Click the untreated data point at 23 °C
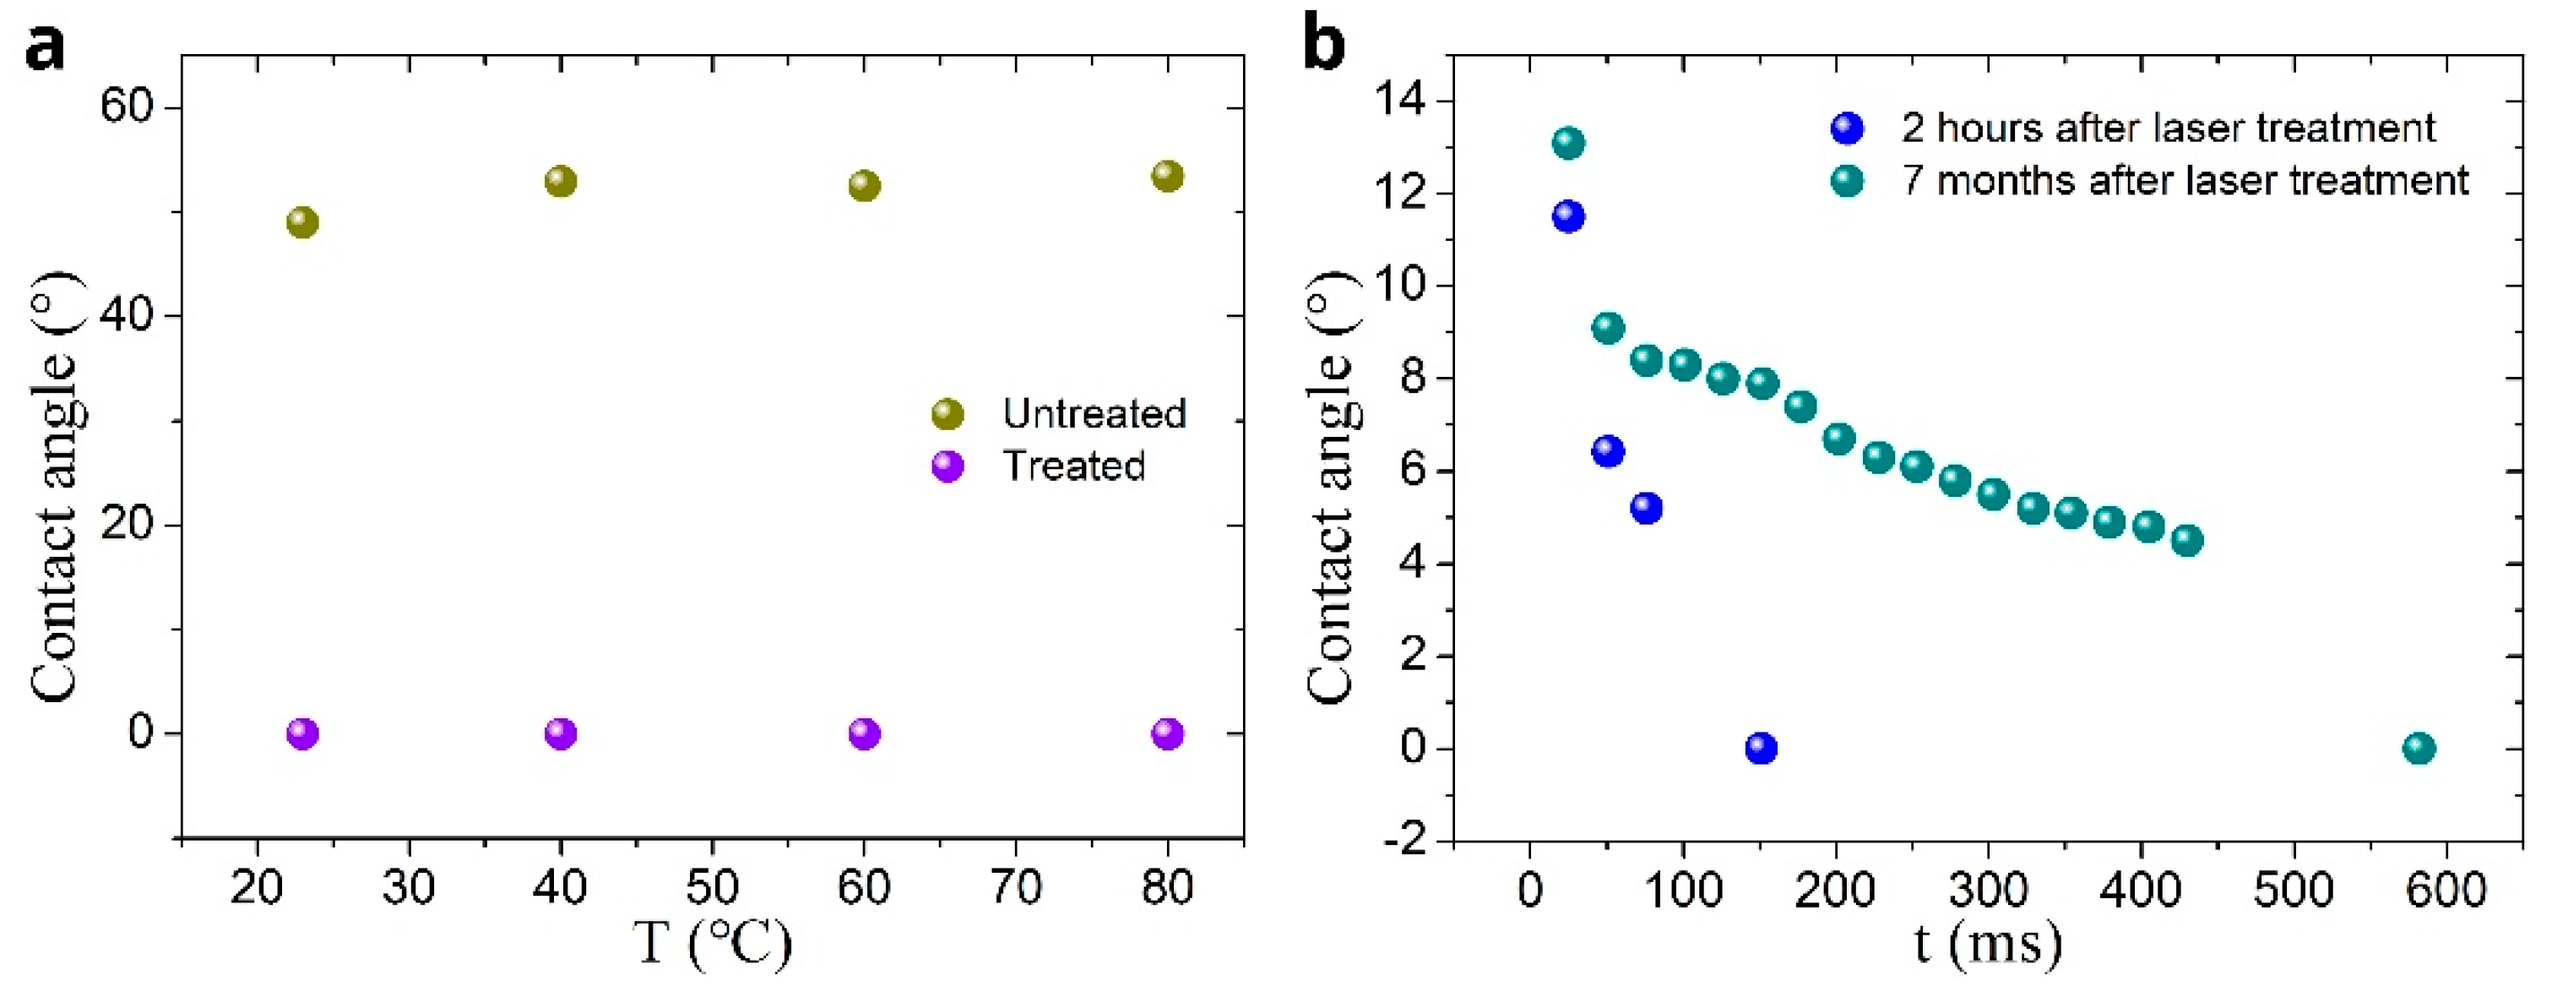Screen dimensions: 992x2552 (302, 222)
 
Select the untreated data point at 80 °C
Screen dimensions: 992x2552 (1167, 177)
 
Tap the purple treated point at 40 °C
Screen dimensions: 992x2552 (560, 733)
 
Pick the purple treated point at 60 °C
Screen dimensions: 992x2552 (864, 733)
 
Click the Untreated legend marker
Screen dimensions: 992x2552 (947, 414)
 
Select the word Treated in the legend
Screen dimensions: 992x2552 (1074, 466)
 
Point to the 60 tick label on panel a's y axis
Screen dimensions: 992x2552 (127, 106)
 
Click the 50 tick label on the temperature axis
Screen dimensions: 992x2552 (711, 887)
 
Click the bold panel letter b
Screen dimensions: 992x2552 (1323, 45)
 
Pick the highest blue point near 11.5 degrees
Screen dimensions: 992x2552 (1567, 216)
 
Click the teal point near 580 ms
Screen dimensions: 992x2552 (2419, 748)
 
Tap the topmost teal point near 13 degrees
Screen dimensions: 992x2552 (1567, 144)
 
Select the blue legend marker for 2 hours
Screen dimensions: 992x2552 (1847, 128)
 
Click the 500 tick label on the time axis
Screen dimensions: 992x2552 (2294, 889)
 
